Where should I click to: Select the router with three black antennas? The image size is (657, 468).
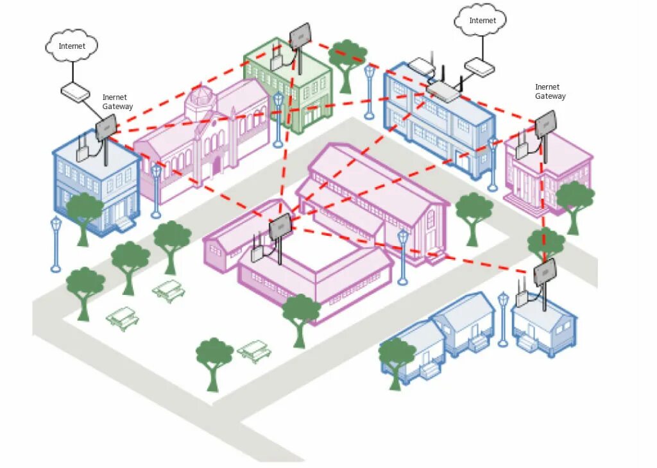443,91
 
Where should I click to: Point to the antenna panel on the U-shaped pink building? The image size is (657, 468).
280,226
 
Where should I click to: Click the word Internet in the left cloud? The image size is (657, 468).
72,46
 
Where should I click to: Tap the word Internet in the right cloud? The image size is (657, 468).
482,21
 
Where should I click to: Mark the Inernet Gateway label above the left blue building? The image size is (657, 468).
117,102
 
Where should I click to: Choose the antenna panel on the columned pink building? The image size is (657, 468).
545,123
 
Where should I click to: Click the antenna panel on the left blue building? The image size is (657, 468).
107,126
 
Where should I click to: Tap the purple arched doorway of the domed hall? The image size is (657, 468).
216,165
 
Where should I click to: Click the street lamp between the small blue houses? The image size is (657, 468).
504,317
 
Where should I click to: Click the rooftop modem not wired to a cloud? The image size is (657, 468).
421,65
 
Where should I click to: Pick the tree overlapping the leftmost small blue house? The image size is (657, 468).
396,360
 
